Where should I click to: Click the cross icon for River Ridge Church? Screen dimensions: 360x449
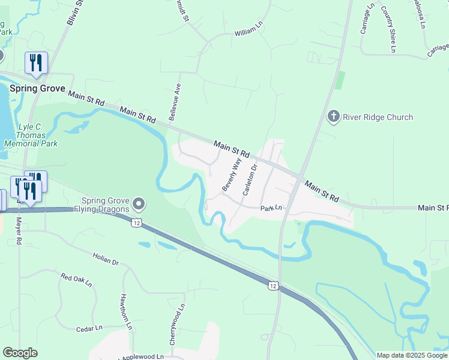pyautogui.click(x=334, y=116)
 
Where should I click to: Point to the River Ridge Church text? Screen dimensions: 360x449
pyautogui.click(x=378, y=117)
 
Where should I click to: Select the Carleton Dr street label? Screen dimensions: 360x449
pyautogui.click(x=249, y=179)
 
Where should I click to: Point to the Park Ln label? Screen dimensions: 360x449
pyautogui.click(x=271, y=208)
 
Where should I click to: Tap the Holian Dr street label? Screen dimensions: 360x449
pyautogui.click(x=106, y=259)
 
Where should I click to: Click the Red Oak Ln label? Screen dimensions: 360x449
pyautogui.click(x=76, y=279)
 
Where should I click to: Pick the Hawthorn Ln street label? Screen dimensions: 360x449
pyautogui.click(x=125, y=312)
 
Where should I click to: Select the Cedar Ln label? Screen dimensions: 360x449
pyautogui.click(x=90, y=328)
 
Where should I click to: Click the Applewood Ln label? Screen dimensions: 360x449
pyautogui.click(x=143, y=356)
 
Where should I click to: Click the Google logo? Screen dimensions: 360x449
pyautogui.click(x=20, y=353)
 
